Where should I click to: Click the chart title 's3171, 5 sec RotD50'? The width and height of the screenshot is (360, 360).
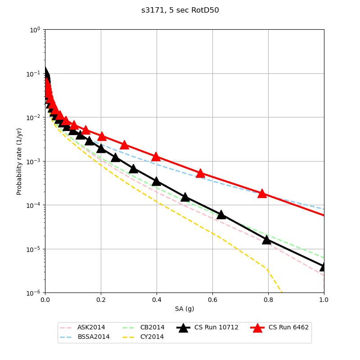(180, 10)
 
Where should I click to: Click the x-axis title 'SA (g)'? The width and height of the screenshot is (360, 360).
(184, 309)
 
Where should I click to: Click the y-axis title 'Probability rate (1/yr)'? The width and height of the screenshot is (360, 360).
(19, 161)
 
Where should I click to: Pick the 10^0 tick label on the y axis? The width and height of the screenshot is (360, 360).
(35, 30)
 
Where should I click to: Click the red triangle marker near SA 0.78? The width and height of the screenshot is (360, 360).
(262, 193)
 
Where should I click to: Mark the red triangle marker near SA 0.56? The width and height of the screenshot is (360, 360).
(200, 173)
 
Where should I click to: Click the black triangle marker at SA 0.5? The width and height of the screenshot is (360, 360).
(184, 197)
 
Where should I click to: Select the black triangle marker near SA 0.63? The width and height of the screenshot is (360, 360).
(221, 215)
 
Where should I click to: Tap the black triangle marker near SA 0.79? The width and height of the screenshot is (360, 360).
(266, 239)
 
